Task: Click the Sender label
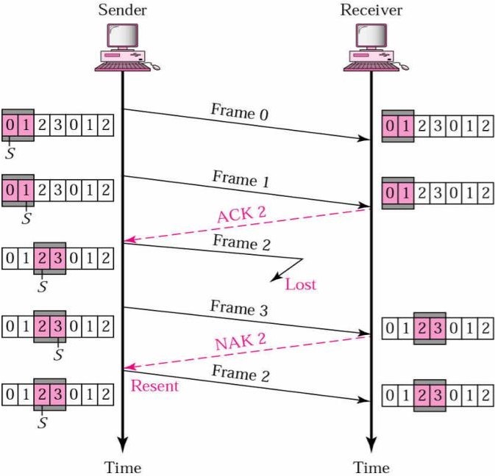tap(122, 10)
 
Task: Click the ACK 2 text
tap(241, 214)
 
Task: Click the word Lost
tap(301, 284)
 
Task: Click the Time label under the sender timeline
tap(122, 466)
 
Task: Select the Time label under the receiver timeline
tap(371, 466)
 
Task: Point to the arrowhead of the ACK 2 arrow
tap(129, 239)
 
